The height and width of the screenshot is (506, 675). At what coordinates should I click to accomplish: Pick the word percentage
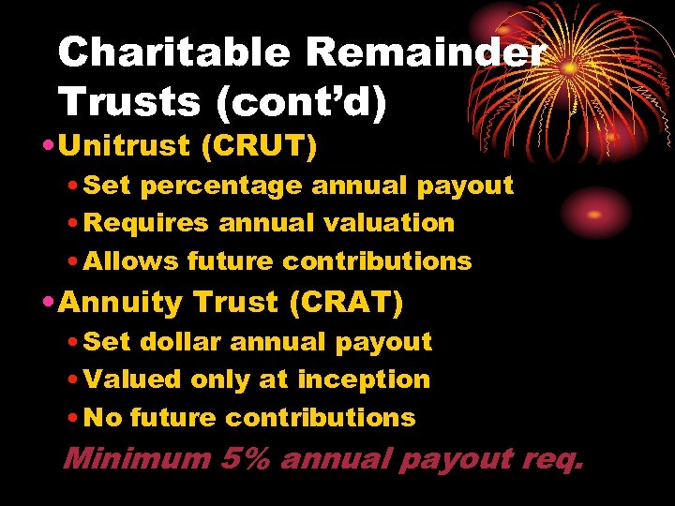tap(220, 186)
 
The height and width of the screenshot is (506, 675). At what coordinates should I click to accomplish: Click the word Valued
tap(132, 379)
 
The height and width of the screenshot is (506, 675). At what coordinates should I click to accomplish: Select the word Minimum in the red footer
tap(137, 459)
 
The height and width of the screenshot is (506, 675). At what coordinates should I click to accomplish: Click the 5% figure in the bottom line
tap(247, 459)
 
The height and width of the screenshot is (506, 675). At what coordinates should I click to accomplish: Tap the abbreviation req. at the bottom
tap(551, 459)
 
